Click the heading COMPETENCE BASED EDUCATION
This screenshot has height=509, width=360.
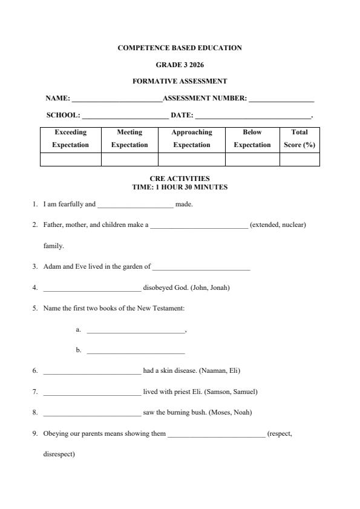(x=180, y=48)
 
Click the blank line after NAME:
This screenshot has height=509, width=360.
(x=116, y=99)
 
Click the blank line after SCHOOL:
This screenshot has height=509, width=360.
(x=125, y=116)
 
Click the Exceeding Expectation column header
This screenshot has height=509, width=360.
(x=70, y=139)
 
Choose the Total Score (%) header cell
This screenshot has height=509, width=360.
(x=299, y=139)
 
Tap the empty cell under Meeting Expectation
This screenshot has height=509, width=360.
(x=129, y=160)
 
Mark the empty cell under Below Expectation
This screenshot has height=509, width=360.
(x=252, y=160)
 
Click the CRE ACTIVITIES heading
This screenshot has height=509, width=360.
(x=180, y=179)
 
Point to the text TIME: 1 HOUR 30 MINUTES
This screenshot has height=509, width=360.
(x=180, y=187)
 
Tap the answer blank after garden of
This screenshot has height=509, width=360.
(x=201, y=267)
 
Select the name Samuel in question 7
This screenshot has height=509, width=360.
(x=244, y=392)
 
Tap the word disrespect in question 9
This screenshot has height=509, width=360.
(x=59, y=454)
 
